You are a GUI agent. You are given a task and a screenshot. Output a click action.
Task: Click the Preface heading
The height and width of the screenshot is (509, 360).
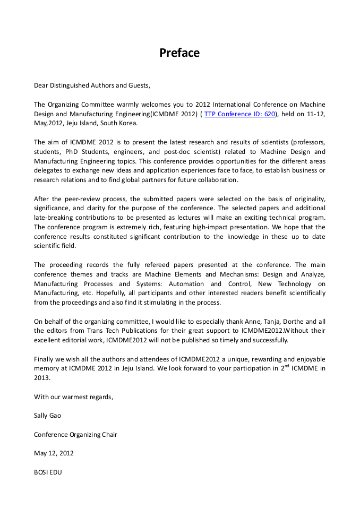179,53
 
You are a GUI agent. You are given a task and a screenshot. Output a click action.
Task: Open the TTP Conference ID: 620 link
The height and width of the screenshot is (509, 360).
240,114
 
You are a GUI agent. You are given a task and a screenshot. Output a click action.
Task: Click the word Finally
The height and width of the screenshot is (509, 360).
45,359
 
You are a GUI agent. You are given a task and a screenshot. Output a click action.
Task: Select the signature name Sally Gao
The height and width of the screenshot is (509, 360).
47,416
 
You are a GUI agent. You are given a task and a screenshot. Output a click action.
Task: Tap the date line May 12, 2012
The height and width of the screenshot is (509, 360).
54,453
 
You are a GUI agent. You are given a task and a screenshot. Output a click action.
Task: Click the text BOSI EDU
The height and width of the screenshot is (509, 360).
48,472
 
